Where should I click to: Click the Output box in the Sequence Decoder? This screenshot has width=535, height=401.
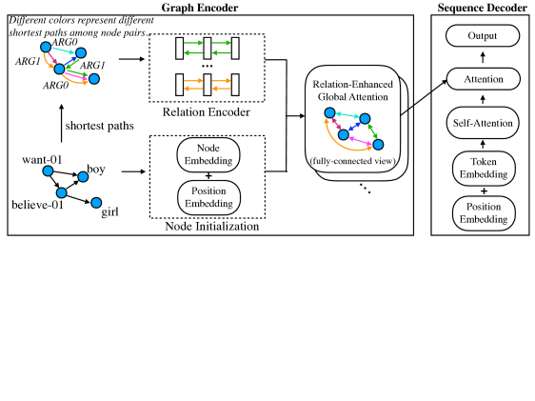pos(483,35)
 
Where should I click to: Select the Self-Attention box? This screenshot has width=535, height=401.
pos(483,123)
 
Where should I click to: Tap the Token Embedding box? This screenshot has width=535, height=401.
pos(484,169)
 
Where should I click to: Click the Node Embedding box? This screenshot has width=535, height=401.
pos(208,154)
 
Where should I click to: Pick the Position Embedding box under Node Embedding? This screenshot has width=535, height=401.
pos(208,197)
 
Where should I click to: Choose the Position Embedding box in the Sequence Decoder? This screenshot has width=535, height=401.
pos(484,213)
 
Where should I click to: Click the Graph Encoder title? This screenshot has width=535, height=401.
pos(200,8)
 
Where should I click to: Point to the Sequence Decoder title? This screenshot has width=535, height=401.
pos(482,8)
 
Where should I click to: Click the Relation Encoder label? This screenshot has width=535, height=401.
pos(206,112)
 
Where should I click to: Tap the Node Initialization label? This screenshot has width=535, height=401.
pos(212,227)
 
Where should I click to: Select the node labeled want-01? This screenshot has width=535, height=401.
pos(49,171)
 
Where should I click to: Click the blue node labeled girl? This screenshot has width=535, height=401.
pos(96,203)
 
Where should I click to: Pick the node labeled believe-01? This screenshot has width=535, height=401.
pos(62,192)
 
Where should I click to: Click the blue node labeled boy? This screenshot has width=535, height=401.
pos(83,176)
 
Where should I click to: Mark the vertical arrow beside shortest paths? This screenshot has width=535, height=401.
pos(62,123)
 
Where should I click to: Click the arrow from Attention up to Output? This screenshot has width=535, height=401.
pos(483,57)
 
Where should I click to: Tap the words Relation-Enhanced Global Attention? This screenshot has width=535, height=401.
pos(353,90)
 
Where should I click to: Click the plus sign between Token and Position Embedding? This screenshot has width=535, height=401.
pos(484,191)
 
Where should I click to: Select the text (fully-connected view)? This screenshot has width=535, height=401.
pos(353,161)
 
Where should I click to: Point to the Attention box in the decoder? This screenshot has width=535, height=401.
pos(484,79)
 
